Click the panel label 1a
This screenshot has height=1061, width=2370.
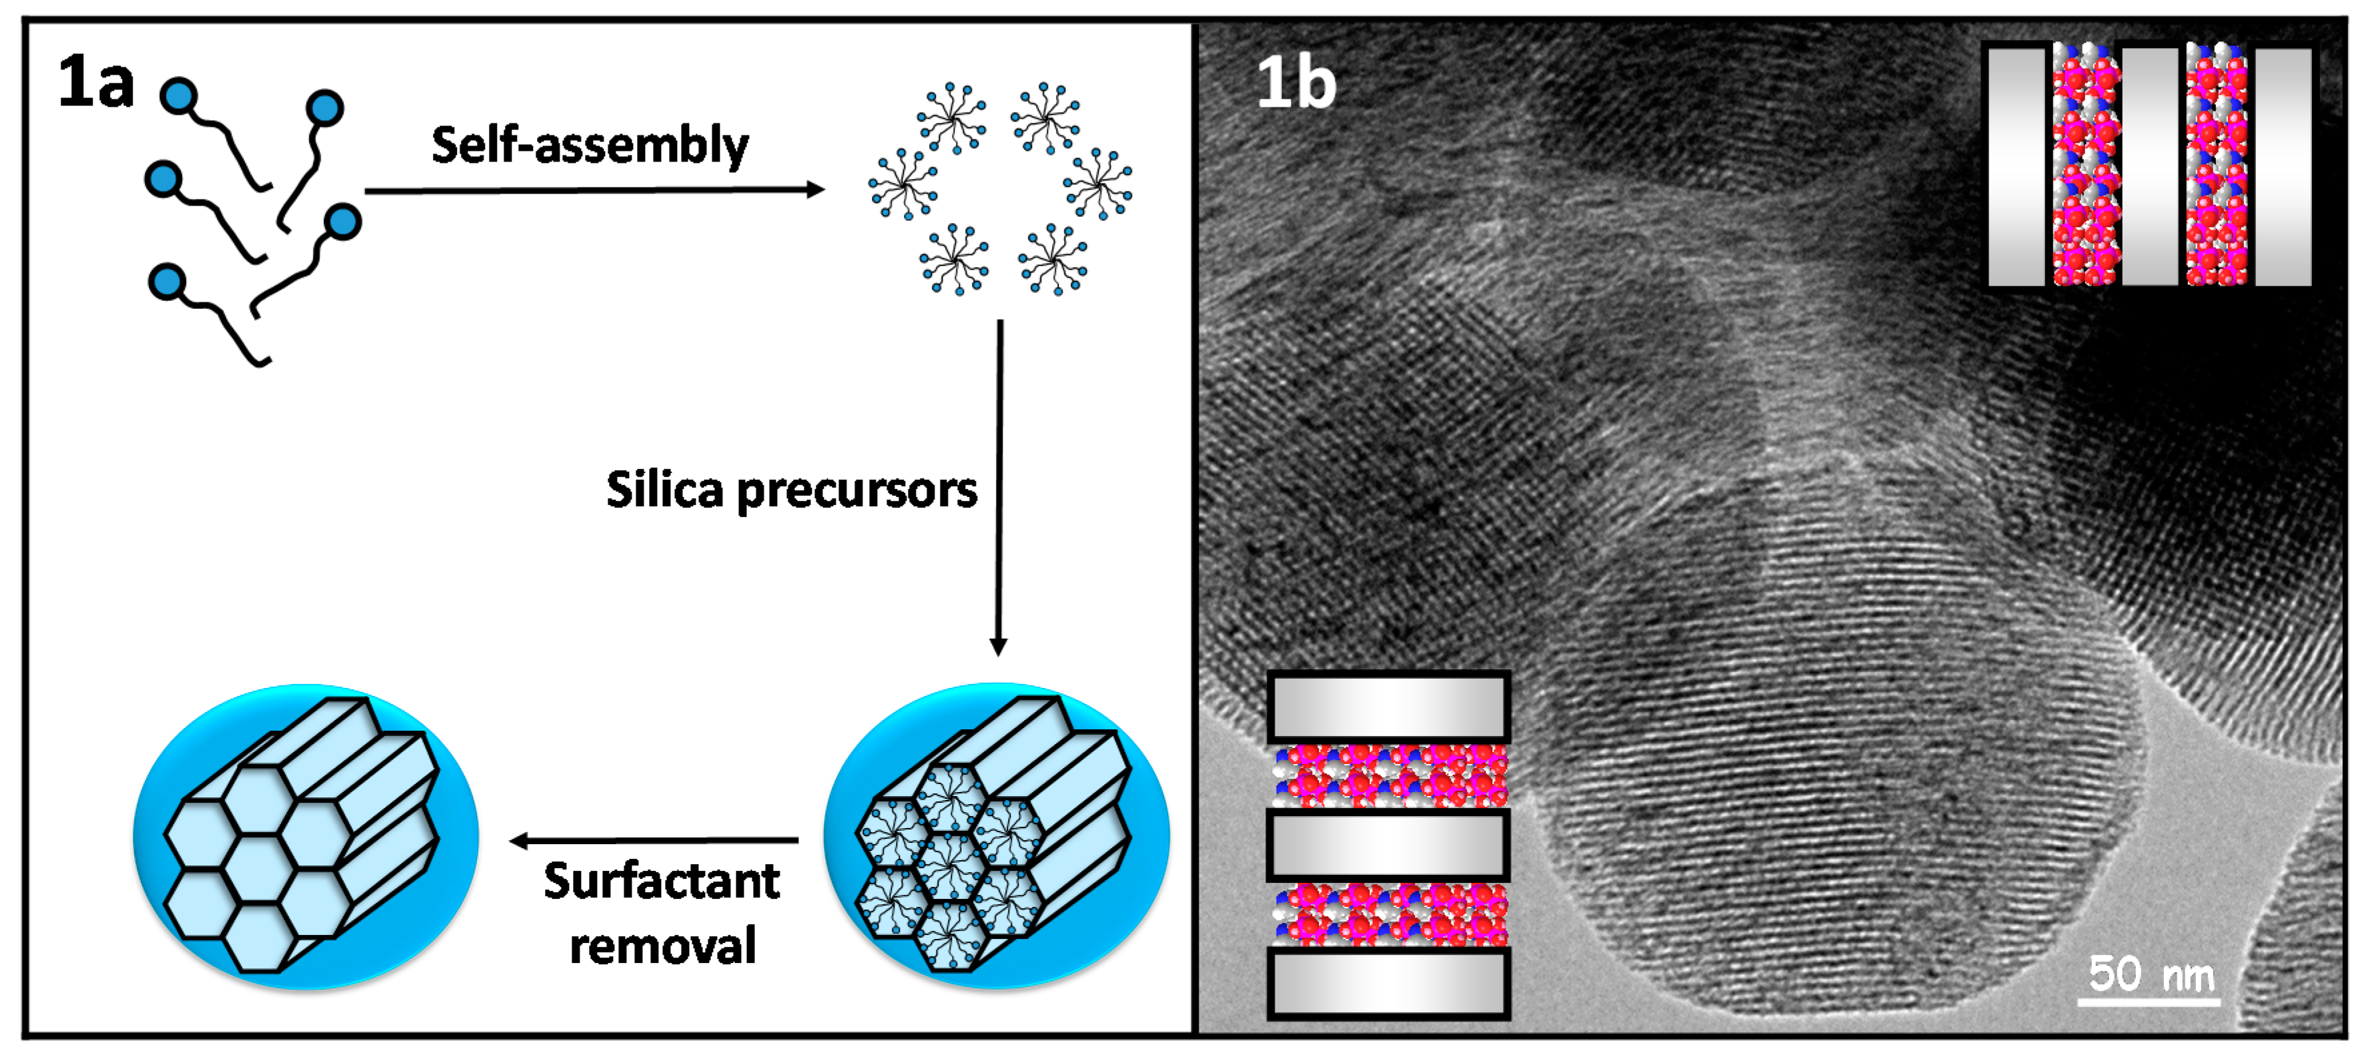tap(95, 83)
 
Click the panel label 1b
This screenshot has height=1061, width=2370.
tap(1295, 83)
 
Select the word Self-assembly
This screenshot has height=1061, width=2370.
tap(590, 145)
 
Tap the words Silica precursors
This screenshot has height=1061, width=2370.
tap(791, 490)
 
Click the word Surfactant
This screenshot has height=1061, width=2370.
tap(662, 881)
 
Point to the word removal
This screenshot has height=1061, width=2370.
tap(662, 946)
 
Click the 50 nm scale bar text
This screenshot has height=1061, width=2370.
tap(2150, 973)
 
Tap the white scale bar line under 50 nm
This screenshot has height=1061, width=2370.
tap(2149, 1000)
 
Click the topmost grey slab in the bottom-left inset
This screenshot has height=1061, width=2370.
tap(1388, 707)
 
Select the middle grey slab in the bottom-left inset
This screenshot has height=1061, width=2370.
tap(1388, 845)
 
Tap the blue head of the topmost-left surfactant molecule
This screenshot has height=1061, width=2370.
tap(177, 95)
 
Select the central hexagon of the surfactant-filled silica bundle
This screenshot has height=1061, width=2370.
tap(951, 865)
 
